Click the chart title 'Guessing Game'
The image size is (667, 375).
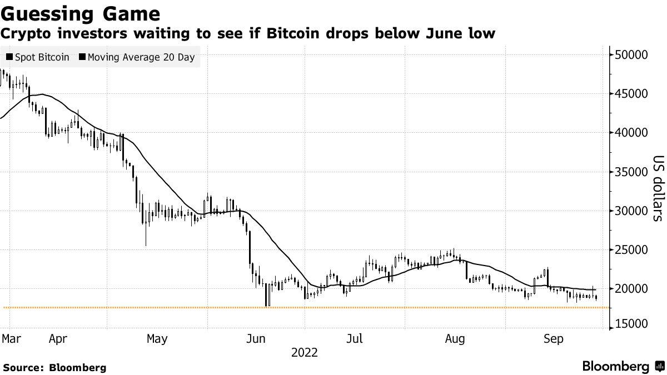click(81, 13)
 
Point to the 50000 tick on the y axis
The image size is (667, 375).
click(631, 54)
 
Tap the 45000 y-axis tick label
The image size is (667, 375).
click(631, 94)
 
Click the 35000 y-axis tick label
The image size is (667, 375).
click(631, 172)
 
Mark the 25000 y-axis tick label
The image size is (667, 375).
click(631, 250)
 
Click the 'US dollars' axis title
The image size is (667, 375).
click(657, 188)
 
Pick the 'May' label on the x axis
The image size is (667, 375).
click(157, 338)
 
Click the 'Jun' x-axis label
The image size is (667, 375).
click(256, 338)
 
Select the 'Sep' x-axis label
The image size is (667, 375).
click(554, 338)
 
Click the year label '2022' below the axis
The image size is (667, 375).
click(304, 352)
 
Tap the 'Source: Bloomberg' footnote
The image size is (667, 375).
click(54, 367)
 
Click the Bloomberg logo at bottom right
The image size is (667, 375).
click(623, 367)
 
